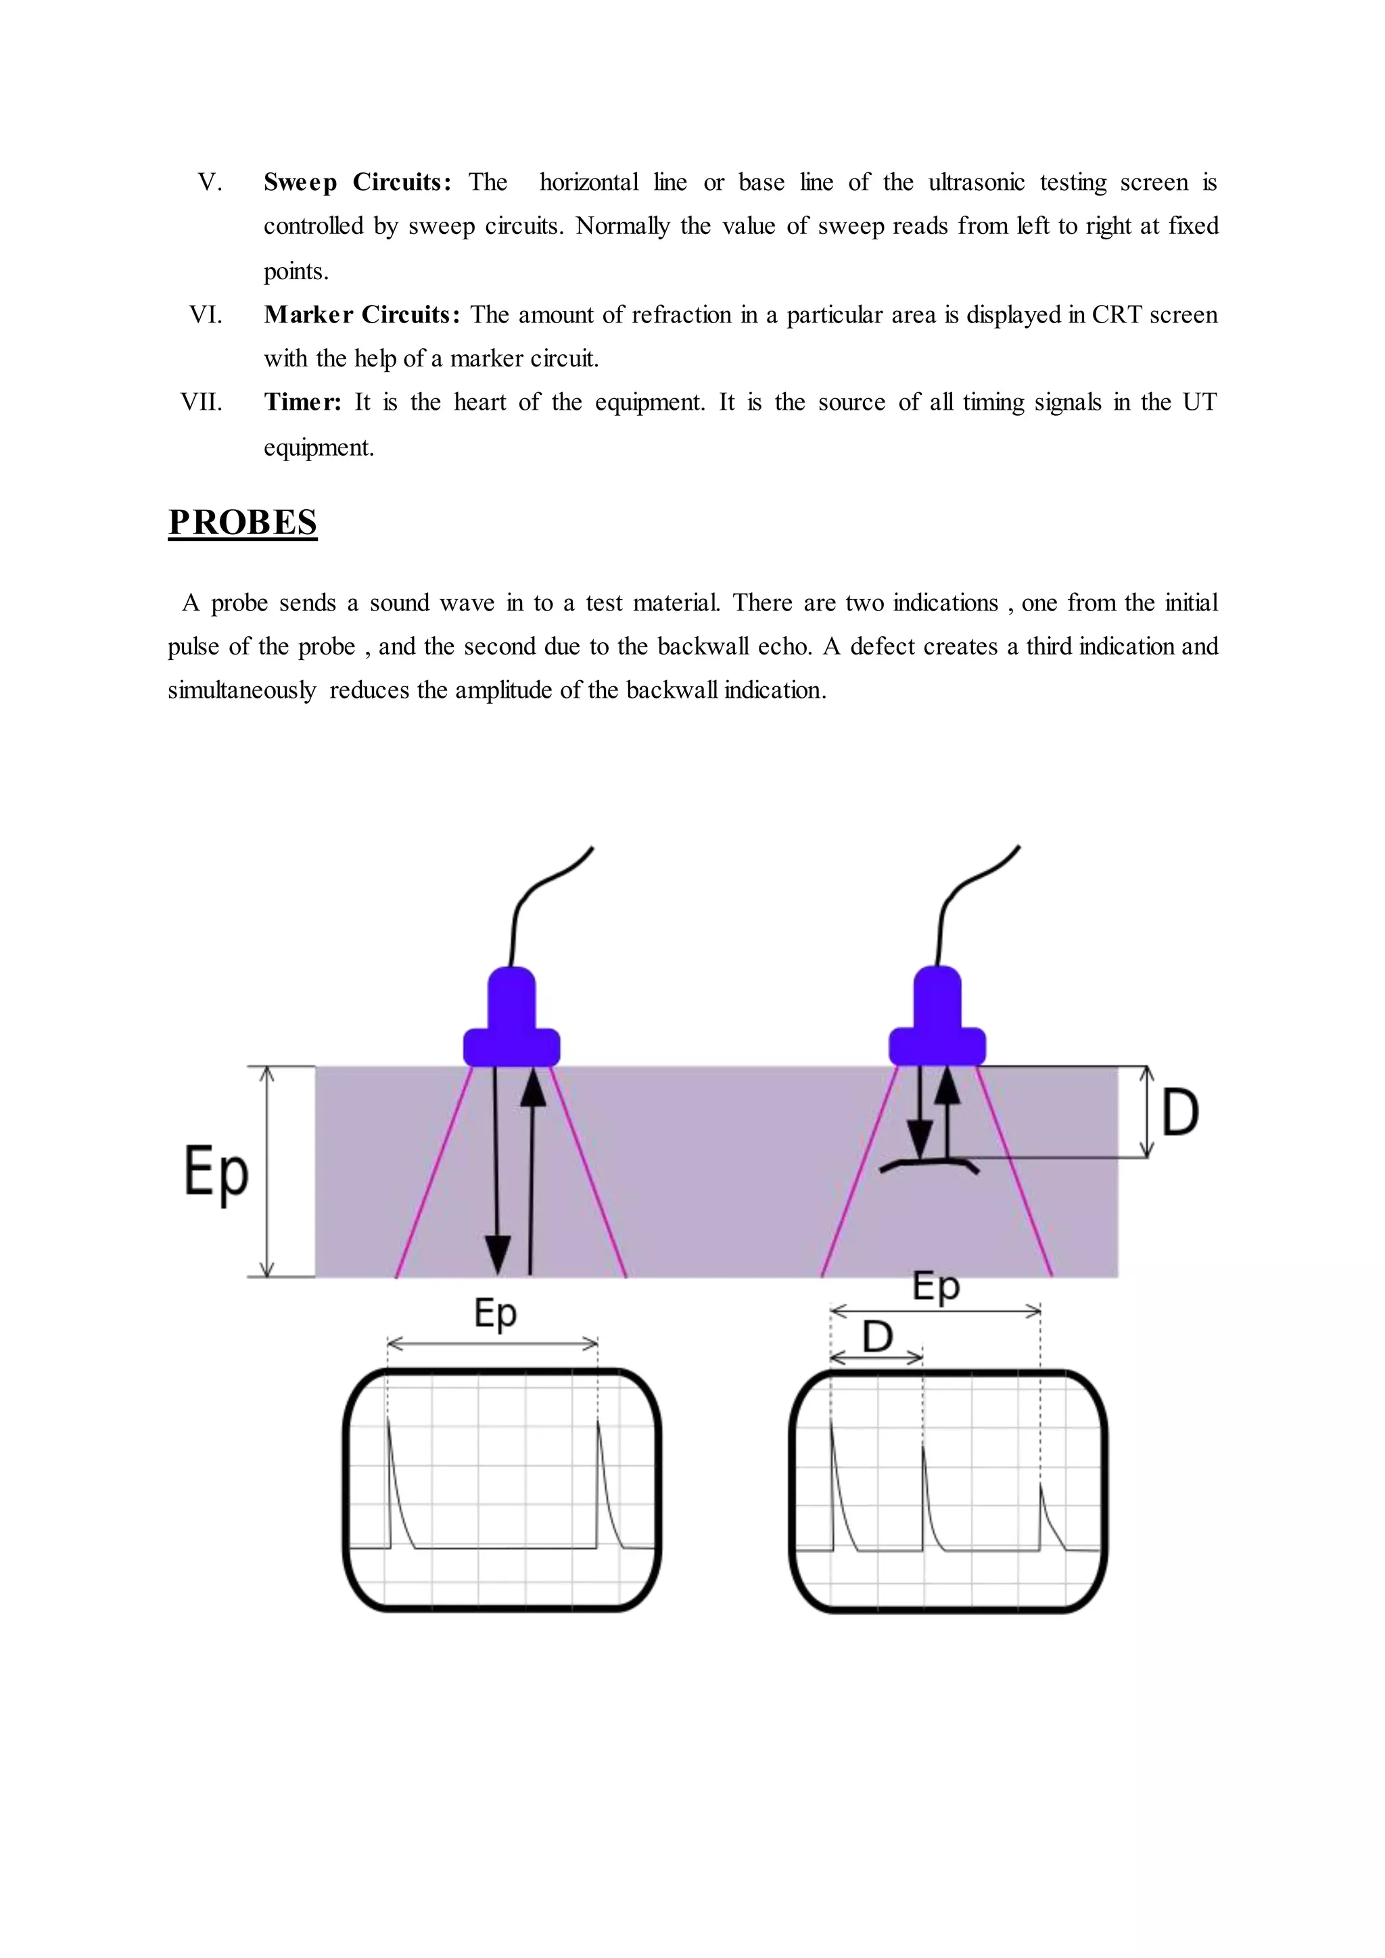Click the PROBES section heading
pos(242,522)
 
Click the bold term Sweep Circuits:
pos(357,183)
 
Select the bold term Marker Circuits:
pos(362,314)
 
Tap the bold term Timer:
pos(302,402)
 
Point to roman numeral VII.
pos(202,402)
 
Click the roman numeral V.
pos(209,183)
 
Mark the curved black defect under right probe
pos(930,1162)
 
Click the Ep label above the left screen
pos(496,1313)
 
